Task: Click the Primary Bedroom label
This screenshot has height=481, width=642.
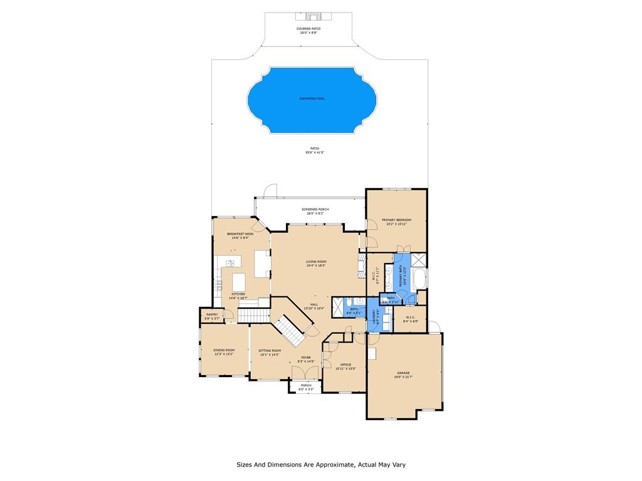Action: pyautogui.click(x=396, y=220)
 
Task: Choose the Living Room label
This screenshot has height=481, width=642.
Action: pyautogui.click(x=316, y=262)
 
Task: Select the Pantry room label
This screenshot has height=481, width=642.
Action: pyautogui.click(x=211, y=314)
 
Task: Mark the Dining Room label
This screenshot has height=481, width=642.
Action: pyautogui.click(x=223, y=350)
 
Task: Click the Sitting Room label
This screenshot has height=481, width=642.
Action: pyautogui.click(x=270, y=350)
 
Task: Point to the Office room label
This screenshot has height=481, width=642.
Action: pyautogui.click(x=345, y=365)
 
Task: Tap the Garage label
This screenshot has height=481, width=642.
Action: pyautogui.click(x=403, y=373)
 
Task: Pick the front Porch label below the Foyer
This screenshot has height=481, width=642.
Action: pyautogui.click(x=306, y=385)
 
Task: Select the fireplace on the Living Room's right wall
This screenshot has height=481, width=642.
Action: pyautogui.click(x=361, y=266)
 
